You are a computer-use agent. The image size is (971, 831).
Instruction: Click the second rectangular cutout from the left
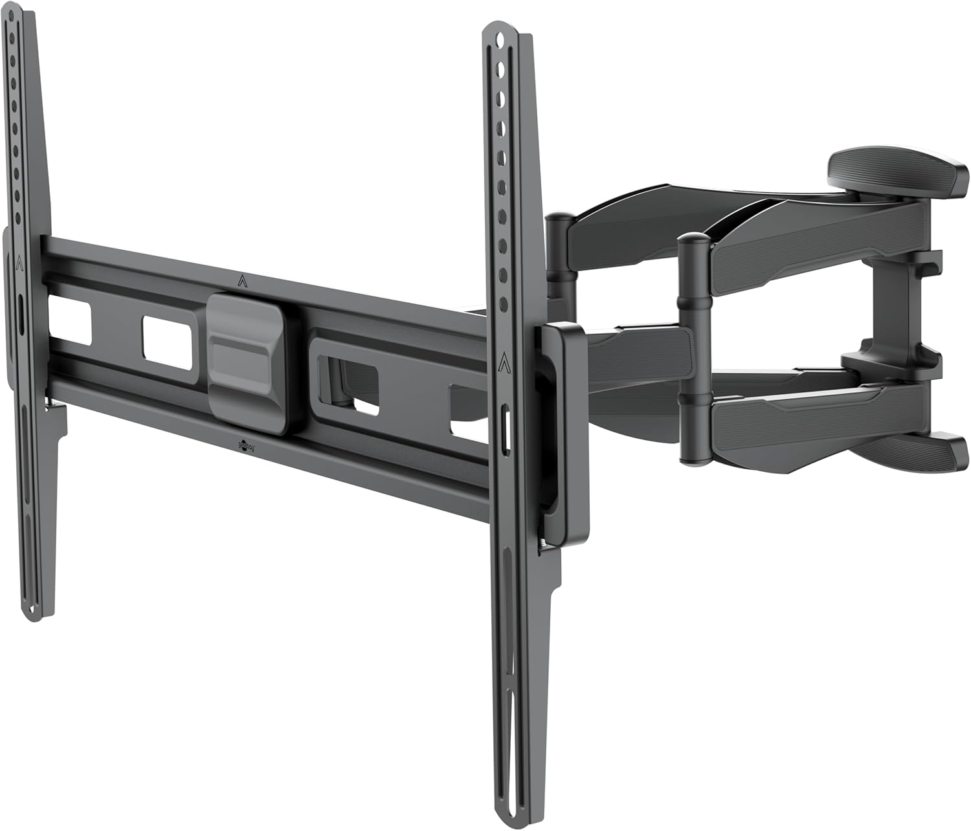(x=168, y=343)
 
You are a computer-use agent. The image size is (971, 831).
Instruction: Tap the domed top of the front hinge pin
(x=695, y=240)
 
